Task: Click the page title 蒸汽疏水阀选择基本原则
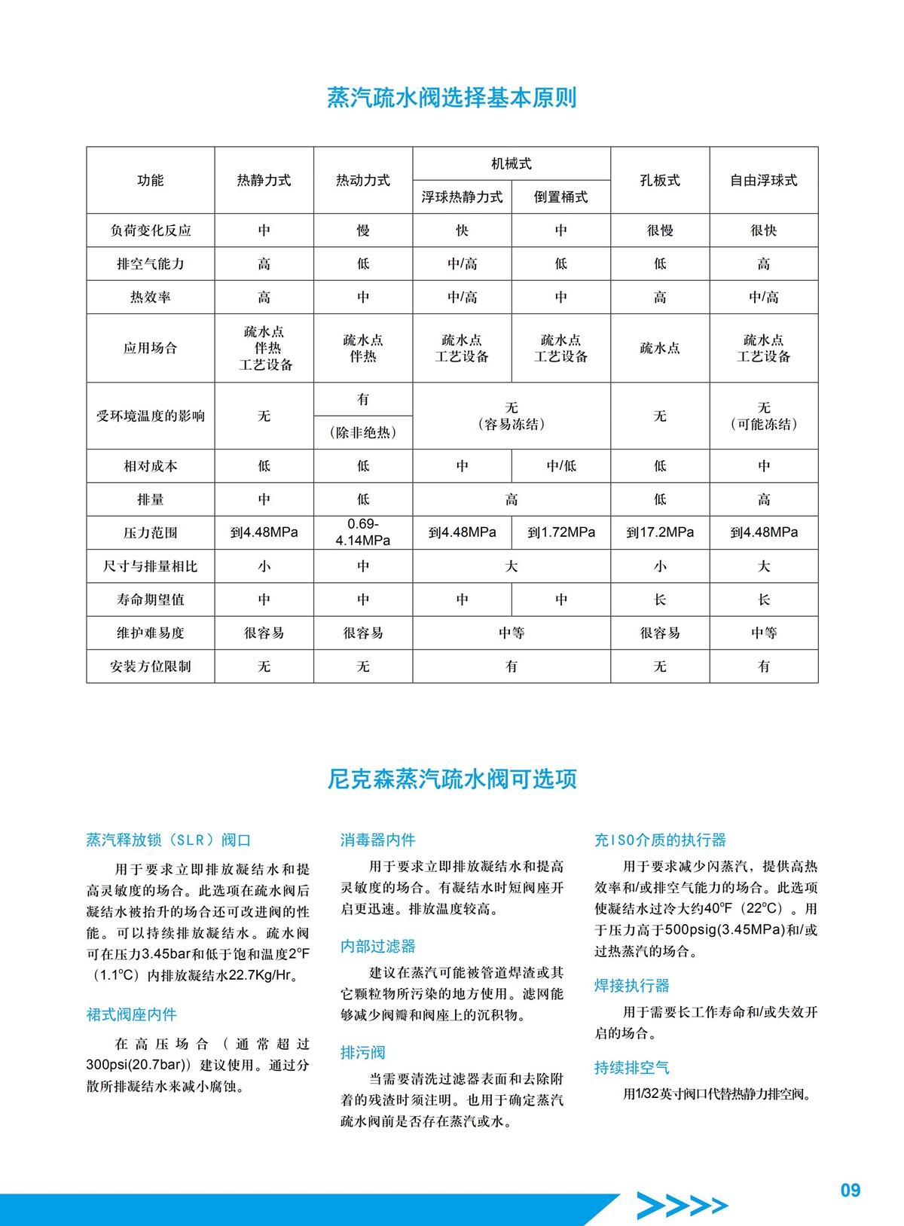452,98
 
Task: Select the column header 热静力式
264,181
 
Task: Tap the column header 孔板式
660,181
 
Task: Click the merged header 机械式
512,163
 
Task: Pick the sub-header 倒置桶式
560,197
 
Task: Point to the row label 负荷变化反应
151,230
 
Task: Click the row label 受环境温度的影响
151,416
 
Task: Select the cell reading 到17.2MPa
660,532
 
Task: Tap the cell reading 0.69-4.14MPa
363,532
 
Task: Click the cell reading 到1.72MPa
561,532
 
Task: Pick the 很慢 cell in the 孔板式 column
660,230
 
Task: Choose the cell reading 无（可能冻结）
764,416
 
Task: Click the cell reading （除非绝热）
363,433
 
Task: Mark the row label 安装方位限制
151,666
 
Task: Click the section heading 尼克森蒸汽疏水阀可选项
452,779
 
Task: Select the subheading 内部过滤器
378,947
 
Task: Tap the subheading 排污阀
363,1053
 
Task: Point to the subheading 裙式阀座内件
132,1015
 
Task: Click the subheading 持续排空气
632,1068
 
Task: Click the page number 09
851,1191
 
